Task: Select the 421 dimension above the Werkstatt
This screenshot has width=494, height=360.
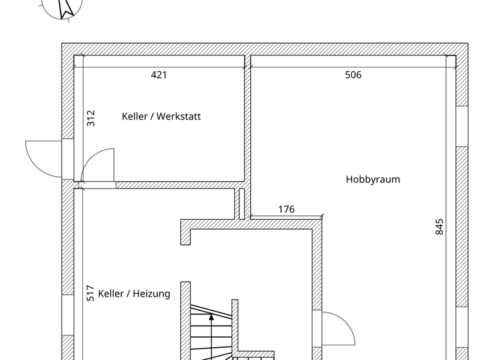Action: [x=159, y=75]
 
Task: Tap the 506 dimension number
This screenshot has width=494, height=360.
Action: [x=353, y=75]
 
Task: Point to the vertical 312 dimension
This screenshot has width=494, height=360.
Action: [x=91, y=118]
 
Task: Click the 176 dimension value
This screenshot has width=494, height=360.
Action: [x=286, y=210]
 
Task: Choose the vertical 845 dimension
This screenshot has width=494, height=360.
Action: [x=440, y=227]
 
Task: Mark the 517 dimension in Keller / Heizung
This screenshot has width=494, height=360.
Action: [x=91, y=293]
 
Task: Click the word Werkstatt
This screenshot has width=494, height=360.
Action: [x=179, y=116]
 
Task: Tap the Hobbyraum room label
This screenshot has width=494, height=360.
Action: [x=372, y=179]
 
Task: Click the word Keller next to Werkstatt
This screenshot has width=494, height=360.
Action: [x=134, y=116]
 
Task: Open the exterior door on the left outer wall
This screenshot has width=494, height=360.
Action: [x=45, y=157]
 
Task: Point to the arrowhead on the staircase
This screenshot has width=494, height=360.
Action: [x=211, y=317]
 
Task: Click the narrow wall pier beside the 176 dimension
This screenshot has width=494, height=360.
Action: [x=242, y=204]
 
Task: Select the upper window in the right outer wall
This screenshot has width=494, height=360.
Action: [x=462, y=126]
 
